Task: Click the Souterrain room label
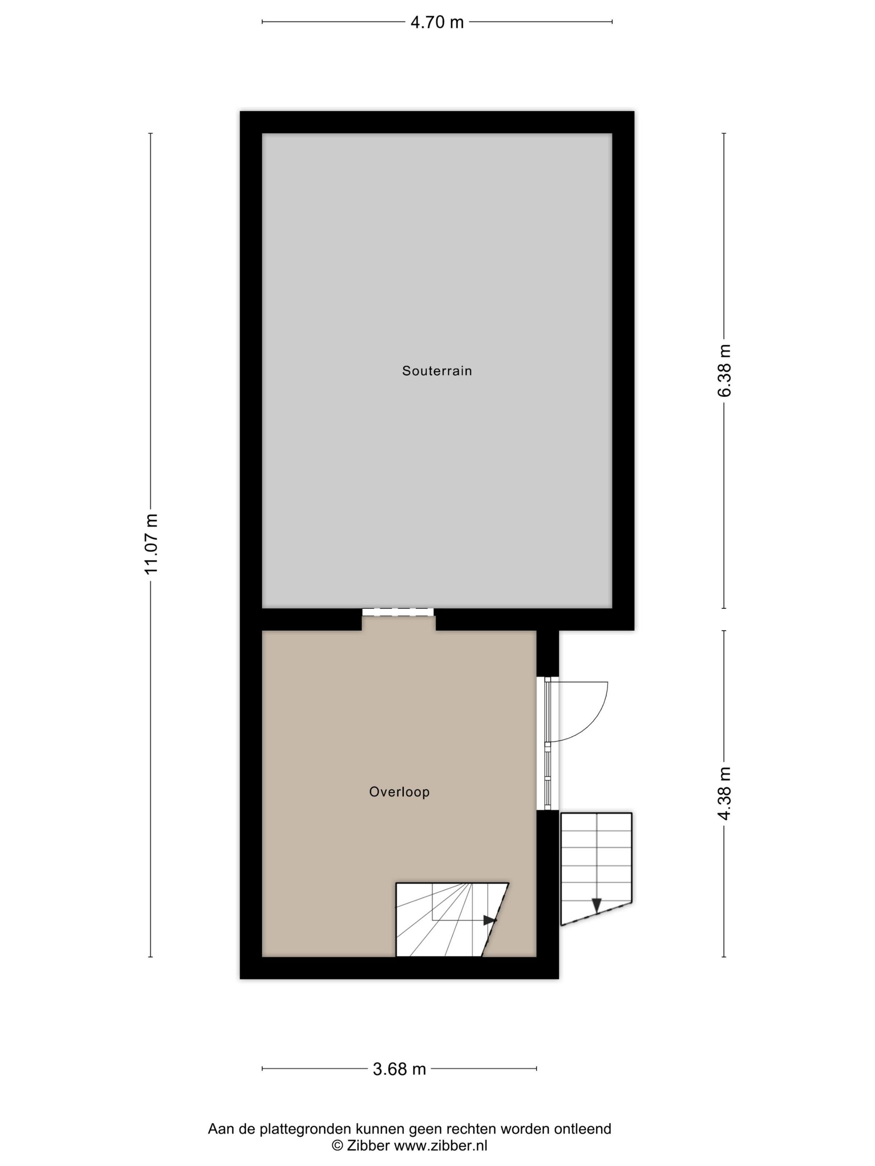[x=437, y=371]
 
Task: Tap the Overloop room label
[x=399, y=807]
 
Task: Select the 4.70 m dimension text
[x=437, y=22]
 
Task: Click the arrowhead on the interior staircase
[x=490, y=934]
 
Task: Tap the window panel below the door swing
[x=548, y=781]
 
